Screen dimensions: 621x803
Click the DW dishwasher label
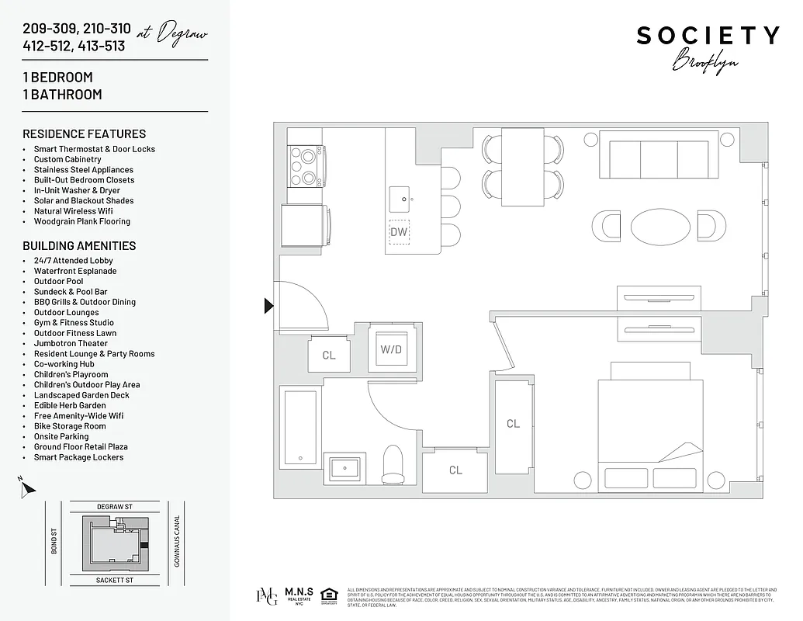[399, 231]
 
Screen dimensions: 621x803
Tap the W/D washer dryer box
[390, 349]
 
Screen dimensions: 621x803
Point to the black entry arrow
[269, 306]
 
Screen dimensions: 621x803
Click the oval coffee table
[659, 227]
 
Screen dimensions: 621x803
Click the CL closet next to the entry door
[328, 356]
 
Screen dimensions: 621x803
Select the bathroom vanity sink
[344, 468]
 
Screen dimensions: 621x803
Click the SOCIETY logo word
[708, 36]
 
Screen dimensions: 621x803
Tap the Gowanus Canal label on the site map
[177, 541]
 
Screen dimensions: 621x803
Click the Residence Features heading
[85, 134]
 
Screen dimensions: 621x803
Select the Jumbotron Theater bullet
[71, 343]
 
